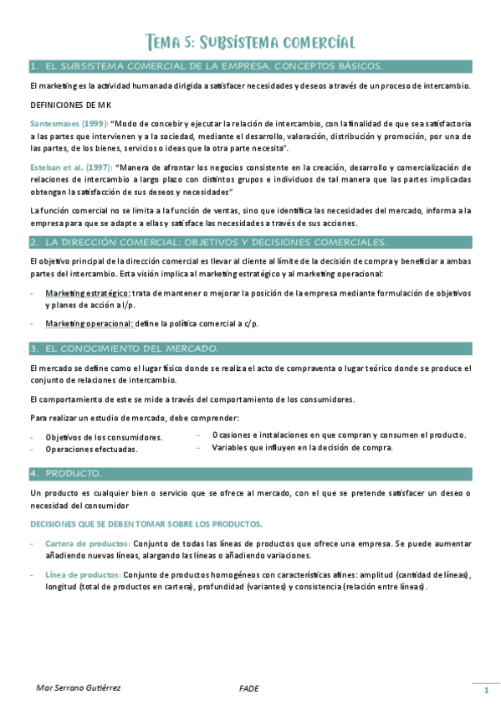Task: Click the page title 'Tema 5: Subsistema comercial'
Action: [x=250, y=42]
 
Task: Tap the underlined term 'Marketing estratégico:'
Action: [x=87, y=294]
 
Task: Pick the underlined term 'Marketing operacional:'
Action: [x=89, y=324]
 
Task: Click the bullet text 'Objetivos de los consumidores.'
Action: [x=104, y=438]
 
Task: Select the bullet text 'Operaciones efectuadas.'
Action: [x=91, y=450]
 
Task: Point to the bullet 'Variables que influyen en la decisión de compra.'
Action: [x=303, y=448]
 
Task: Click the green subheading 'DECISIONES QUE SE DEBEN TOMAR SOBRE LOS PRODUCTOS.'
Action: [x=146, y=524]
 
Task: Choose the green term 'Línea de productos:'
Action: [x=83, y=574]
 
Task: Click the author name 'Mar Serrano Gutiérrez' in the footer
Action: [x=79, y=688]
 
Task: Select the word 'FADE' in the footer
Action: [x=248, y=688]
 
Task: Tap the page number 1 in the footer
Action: [x=485, y=691]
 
